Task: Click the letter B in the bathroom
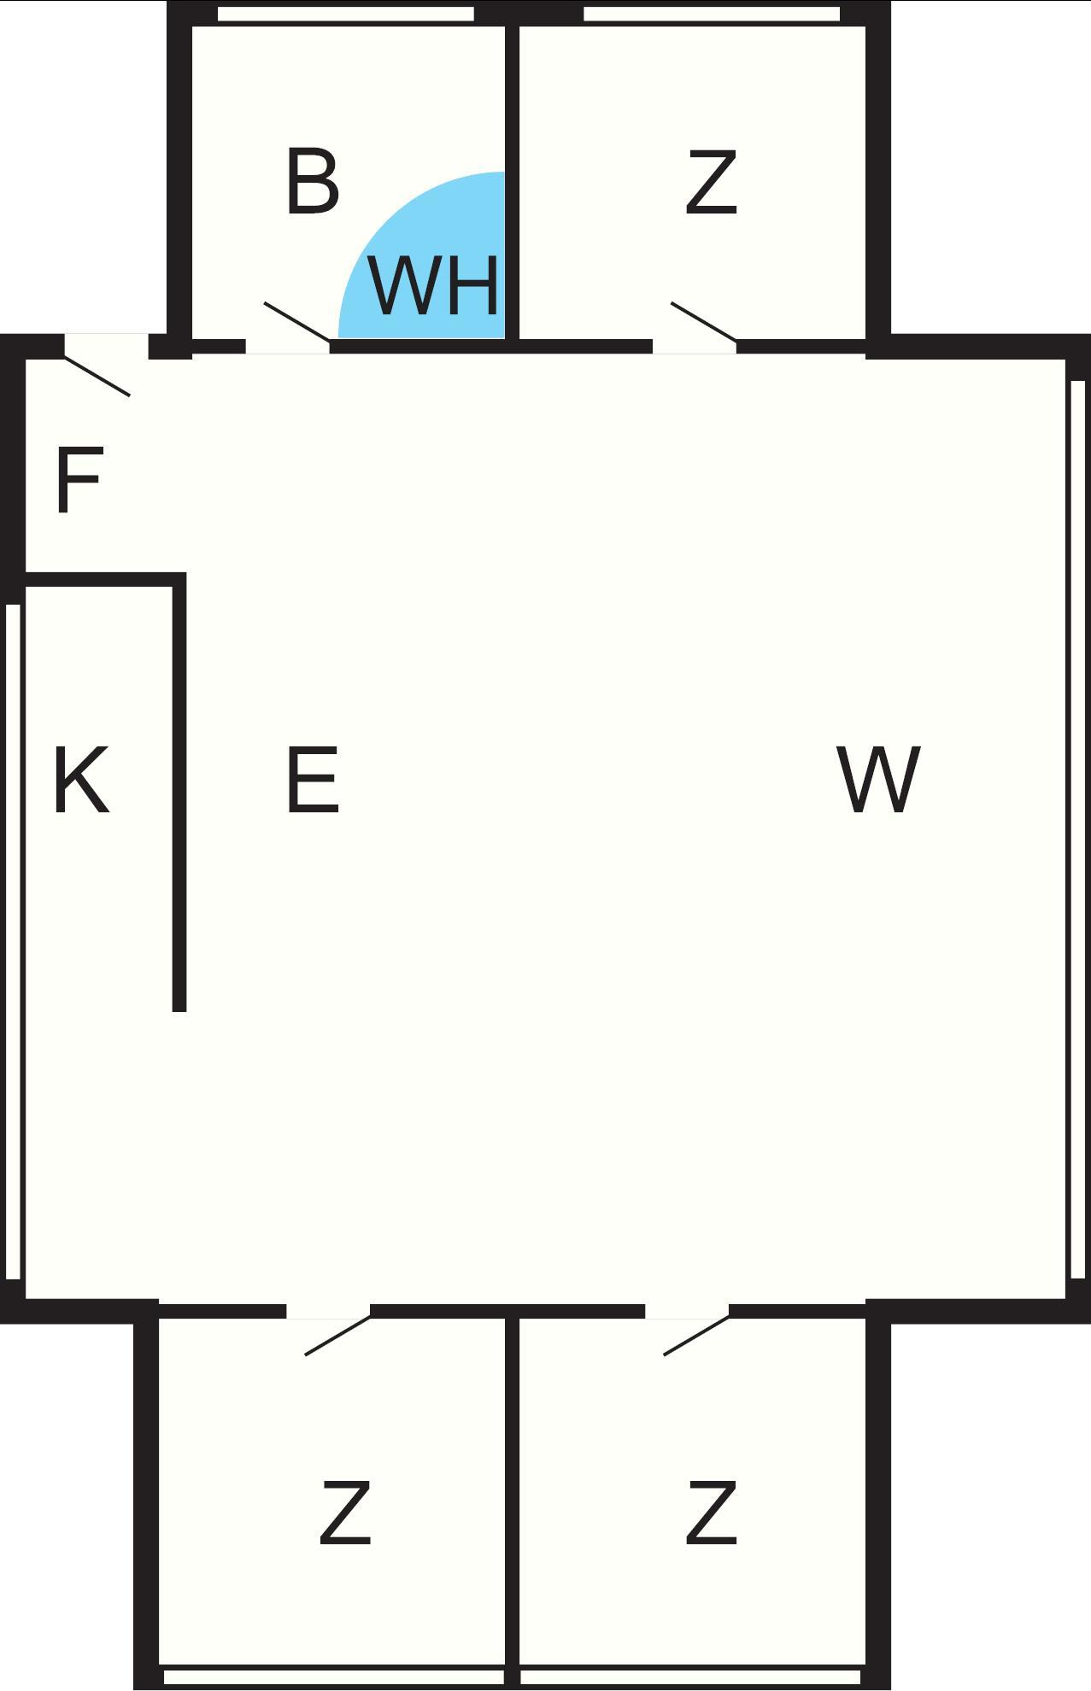click(313, 181)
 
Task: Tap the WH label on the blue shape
click(434, 284)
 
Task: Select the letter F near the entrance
click(79, 481)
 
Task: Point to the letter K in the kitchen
click(81, 780)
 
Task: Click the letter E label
click(313, 780)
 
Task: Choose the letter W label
click(879, 780)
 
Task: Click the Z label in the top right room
click(711, 181)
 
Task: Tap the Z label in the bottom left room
click(345, 1513)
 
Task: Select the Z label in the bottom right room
click(711, 1513)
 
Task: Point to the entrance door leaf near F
click(97, 376)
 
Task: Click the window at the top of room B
click(346, 14)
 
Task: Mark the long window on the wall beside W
click(1077, 828)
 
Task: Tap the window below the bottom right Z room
click(690, 1677)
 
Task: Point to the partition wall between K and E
click(179, 793)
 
